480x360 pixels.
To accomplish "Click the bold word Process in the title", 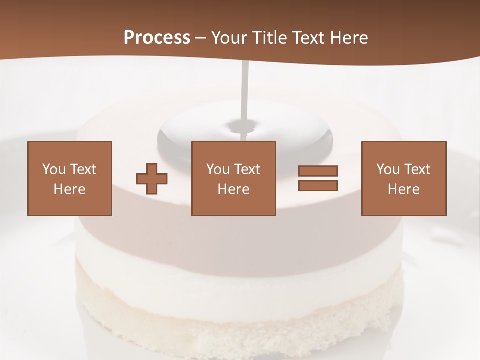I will pos(157,38).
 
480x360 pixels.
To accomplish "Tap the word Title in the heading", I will pos(269,38).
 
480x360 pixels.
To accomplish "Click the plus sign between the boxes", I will pos(152,178).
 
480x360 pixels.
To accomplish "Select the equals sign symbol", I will pos(318,178).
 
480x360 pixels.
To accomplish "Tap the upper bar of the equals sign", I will pos(318,171).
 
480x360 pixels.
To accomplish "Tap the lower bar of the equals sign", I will pos(318,186).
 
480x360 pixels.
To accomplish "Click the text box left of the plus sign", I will pos(70,178).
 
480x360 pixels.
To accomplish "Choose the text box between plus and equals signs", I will pos(233,178).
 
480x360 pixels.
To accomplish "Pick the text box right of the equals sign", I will pos(403,178).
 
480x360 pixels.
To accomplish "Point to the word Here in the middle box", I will pos(233,189).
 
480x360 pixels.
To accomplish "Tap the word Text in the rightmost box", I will pos(417,169).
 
